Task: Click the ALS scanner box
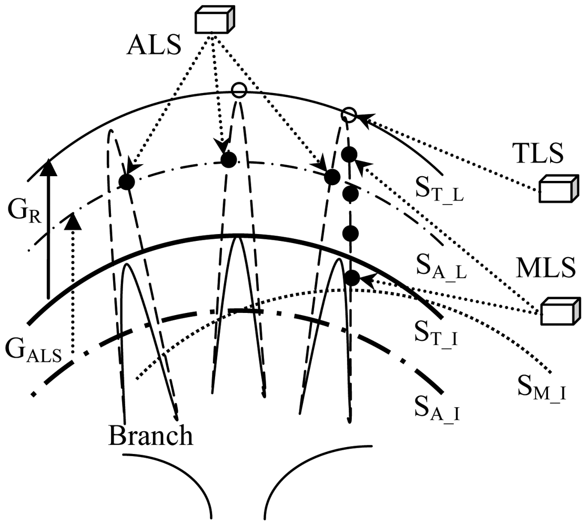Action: [x=215, y=21]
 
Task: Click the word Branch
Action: [x=150, y=436]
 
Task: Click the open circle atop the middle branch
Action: [x=239, y=90]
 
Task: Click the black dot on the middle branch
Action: [x=228, y=159]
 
